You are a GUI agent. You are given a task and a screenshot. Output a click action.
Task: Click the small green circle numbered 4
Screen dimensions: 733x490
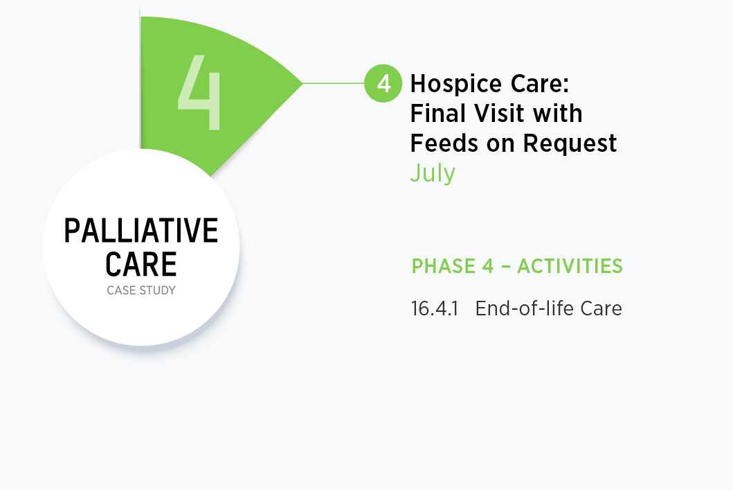pos(383,83)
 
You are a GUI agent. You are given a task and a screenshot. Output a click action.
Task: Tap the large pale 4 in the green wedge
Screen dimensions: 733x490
pos(199,92)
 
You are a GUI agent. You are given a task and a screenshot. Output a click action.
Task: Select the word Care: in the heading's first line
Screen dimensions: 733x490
pos(539,84)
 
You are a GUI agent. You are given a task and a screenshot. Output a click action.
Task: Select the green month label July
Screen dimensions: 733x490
pos(433,174)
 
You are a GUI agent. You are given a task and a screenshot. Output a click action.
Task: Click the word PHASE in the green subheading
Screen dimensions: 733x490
pos(443,266)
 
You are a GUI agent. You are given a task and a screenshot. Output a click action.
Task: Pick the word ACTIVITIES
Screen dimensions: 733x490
pos(570,266)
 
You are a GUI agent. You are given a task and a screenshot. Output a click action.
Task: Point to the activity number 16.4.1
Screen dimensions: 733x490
pos(434,309)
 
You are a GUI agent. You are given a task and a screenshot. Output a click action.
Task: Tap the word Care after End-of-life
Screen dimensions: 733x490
pos(601,309)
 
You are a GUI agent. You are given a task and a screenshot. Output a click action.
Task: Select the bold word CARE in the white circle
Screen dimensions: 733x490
pos(141,265)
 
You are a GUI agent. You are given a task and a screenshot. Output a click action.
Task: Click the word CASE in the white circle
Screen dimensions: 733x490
pos(122,290)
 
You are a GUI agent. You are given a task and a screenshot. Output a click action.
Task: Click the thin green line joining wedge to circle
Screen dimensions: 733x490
pos(334,83)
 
